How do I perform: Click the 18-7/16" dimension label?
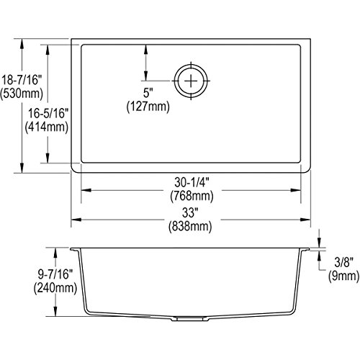coord(22,80)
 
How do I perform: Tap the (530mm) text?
coord(22,94)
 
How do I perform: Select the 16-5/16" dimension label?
coord(48,113)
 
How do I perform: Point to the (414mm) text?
coord(47,127)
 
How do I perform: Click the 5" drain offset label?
coord(148,93)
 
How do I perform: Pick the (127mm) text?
coord(148,107)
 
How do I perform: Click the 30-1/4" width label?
coord(192,183)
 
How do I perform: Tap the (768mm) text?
coord(192,196)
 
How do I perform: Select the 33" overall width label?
coord(190,212)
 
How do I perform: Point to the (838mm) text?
coord(190,226)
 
